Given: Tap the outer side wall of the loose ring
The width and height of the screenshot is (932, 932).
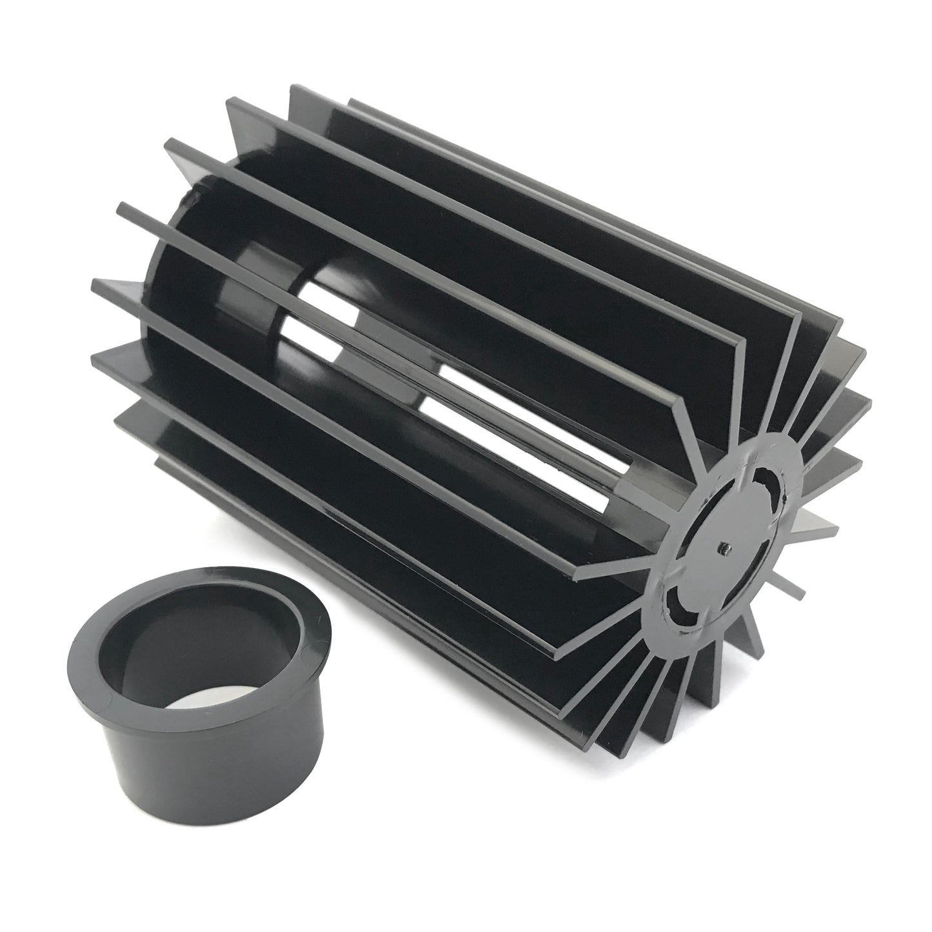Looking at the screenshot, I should coord(193,761).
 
